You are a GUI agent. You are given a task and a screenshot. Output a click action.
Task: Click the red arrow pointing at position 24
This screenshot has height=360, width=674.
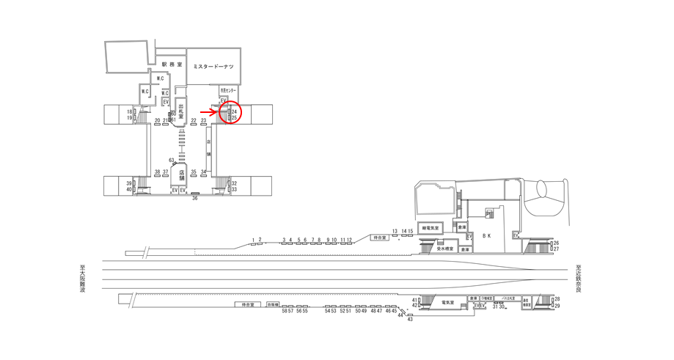point(207,111)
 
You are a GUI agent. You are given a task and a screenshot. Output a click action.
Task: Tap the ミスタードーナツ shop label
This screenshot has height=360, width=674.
point(213,67)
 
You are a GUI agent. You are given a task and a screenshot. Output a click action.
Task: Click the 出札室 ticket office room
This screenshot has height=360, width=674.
point(180,114)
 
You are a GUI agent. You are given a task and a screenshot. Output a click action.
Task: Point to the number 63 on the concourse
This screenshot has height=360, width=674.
point(172,160)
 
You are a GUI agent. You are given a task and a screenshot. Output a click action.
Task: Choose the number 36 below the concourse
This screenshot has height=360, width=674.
point(195,198)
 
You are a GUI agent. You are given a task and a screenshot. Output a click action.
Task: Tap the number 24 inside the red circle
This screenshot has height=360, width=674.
point(234,111)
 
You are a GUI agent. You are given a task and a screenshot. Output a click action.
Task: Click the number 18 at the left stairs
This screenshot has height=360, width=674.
point(130,111)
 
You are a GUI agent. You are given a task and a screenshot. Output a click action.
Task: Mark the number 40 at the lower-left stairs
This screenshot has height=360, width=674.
point(129,190)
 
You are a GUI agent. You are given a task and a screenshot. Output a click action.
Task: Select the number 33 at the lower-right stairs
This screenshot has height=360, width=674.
point(234,190)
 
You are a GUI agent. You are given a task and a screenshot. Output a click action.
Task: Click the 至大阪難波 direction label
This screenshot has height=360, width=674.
point(83,279)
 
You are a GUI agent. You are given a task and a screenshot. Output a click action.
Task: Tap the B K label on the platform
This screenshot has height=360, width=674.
point(486,235)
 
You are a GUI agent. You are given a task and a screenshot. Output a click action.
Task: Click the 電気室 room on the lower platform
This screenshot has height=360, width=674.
point(447,301)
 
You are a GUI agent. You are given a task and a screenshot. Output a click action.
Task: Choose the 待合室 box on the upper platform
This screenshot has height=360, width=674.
point(378,238)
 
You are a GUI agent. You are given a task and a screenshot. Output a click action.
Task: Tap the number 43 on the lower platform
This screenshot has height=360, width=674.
point(410,320)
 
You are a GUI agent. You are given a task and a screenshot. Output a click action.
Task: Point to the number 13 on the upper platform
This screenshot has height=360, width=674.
point(395,231)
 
